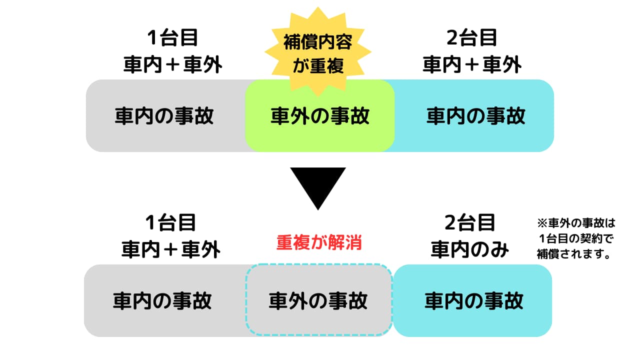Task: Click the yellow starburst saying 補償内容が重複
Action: pyautogui.click(x=318, y=51)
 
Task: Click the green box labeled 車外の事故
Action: pyautogui.click(x=319, y=116)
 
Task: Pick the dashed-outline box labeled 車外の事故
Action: pyautogui.click(x=318, y=300)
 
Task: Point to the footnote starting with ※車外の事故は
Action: pyautogui.click(x=575, y=238)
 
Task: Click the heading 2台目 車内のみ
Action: pyautogui.click(x=470, y=235)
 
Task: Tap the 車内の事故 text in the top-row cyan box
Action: pyautogui.click(x=476, y=116)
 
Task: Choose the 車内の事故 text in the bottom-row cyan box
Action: pyautogui.click(x=474, y=300)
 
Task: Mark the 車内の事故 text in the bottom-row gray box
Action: pyautogui.click(x=162, y=300)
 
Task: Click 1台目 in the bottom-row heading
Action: pyautogui.click(x=170, y=223)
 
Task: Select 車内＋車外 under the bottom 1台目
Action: pyautogui.click(x=170, y=250)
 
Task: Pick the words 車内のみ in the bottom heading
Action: pyautogui.click(x=470, y=249)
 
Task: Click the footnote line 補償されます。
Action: pyautogui.click(x=575, y=253)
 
